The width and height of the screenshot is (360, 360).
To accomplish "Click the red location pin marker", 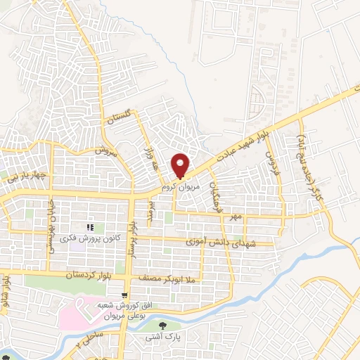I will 181,165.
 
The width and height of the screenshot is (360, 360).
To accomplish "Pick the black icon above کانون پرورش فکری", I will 89,227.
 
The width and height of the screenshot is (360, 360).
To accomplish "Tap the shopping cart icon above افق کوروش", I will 124,295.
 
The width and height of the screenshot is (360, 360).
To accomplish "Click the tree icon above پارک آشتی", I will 163,325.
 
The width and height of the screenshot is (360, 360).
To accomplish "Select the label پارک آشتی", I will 164,338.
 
